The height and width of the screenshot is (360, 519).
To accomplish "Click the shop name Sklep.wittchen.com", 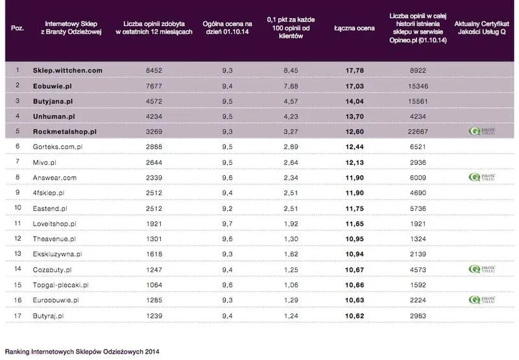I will tap(68, 70).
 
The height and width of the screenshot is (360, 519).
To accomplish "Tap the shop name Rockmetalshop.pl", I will tap(64, 131).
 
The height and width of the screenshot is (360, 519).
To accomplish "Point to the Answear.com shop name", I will tap(54, 177).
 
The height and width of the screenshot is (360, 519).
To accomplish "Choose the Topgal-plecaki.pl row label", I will tap(65, 285).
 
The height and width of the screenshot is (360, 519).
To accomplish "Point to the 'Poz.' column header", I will tap(18, 29).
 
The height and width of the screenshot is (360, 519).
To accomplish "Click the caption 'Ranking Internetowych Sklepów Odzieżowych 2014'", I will tap(81, 352).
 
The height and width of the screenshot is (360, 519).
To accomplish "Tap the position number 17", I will tap(18, 315).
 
